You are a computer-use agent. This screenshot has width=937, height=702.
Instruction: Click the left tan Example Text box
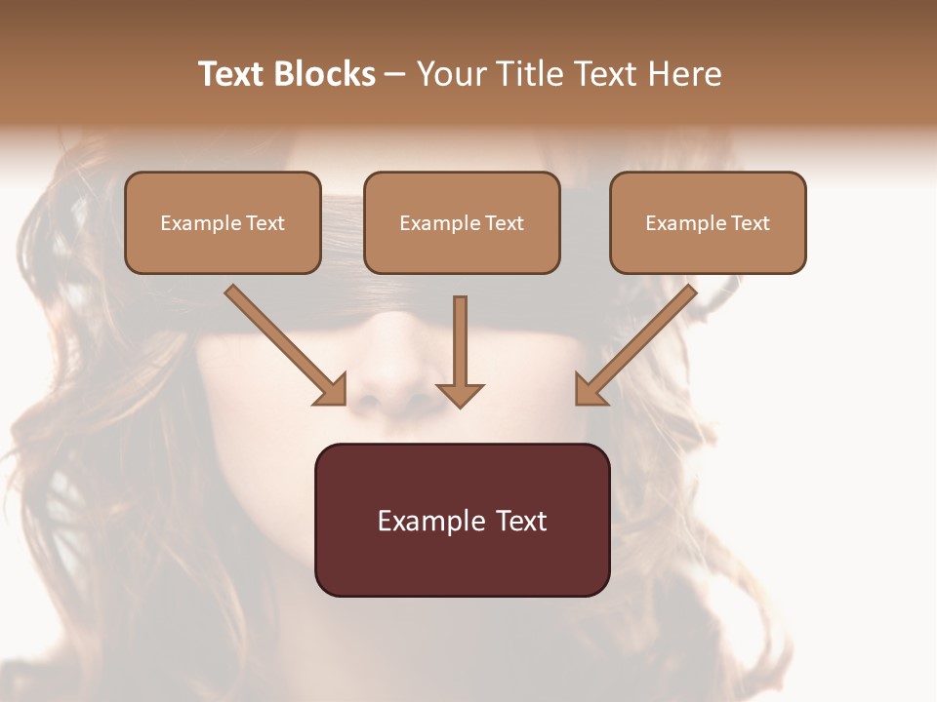coord(223,222)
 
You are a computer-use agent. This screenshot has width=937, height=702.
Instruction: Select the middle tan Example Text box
coord(462,222)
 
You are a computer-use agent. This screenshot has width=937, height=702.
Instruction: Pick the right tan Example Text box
coord(708,222)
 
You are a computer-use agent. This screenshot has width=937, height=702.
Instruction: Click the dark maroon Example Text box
coord(462,520)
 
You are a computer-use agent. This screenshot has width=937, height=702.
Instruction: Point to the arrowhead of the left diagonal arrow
coord(332,390)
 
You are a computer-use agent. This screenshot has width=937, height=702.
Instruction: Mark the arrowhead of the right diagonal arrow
coord(590,390)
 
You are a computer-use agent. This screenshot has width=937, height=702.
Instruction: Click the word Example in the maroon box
coord(431,521)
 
